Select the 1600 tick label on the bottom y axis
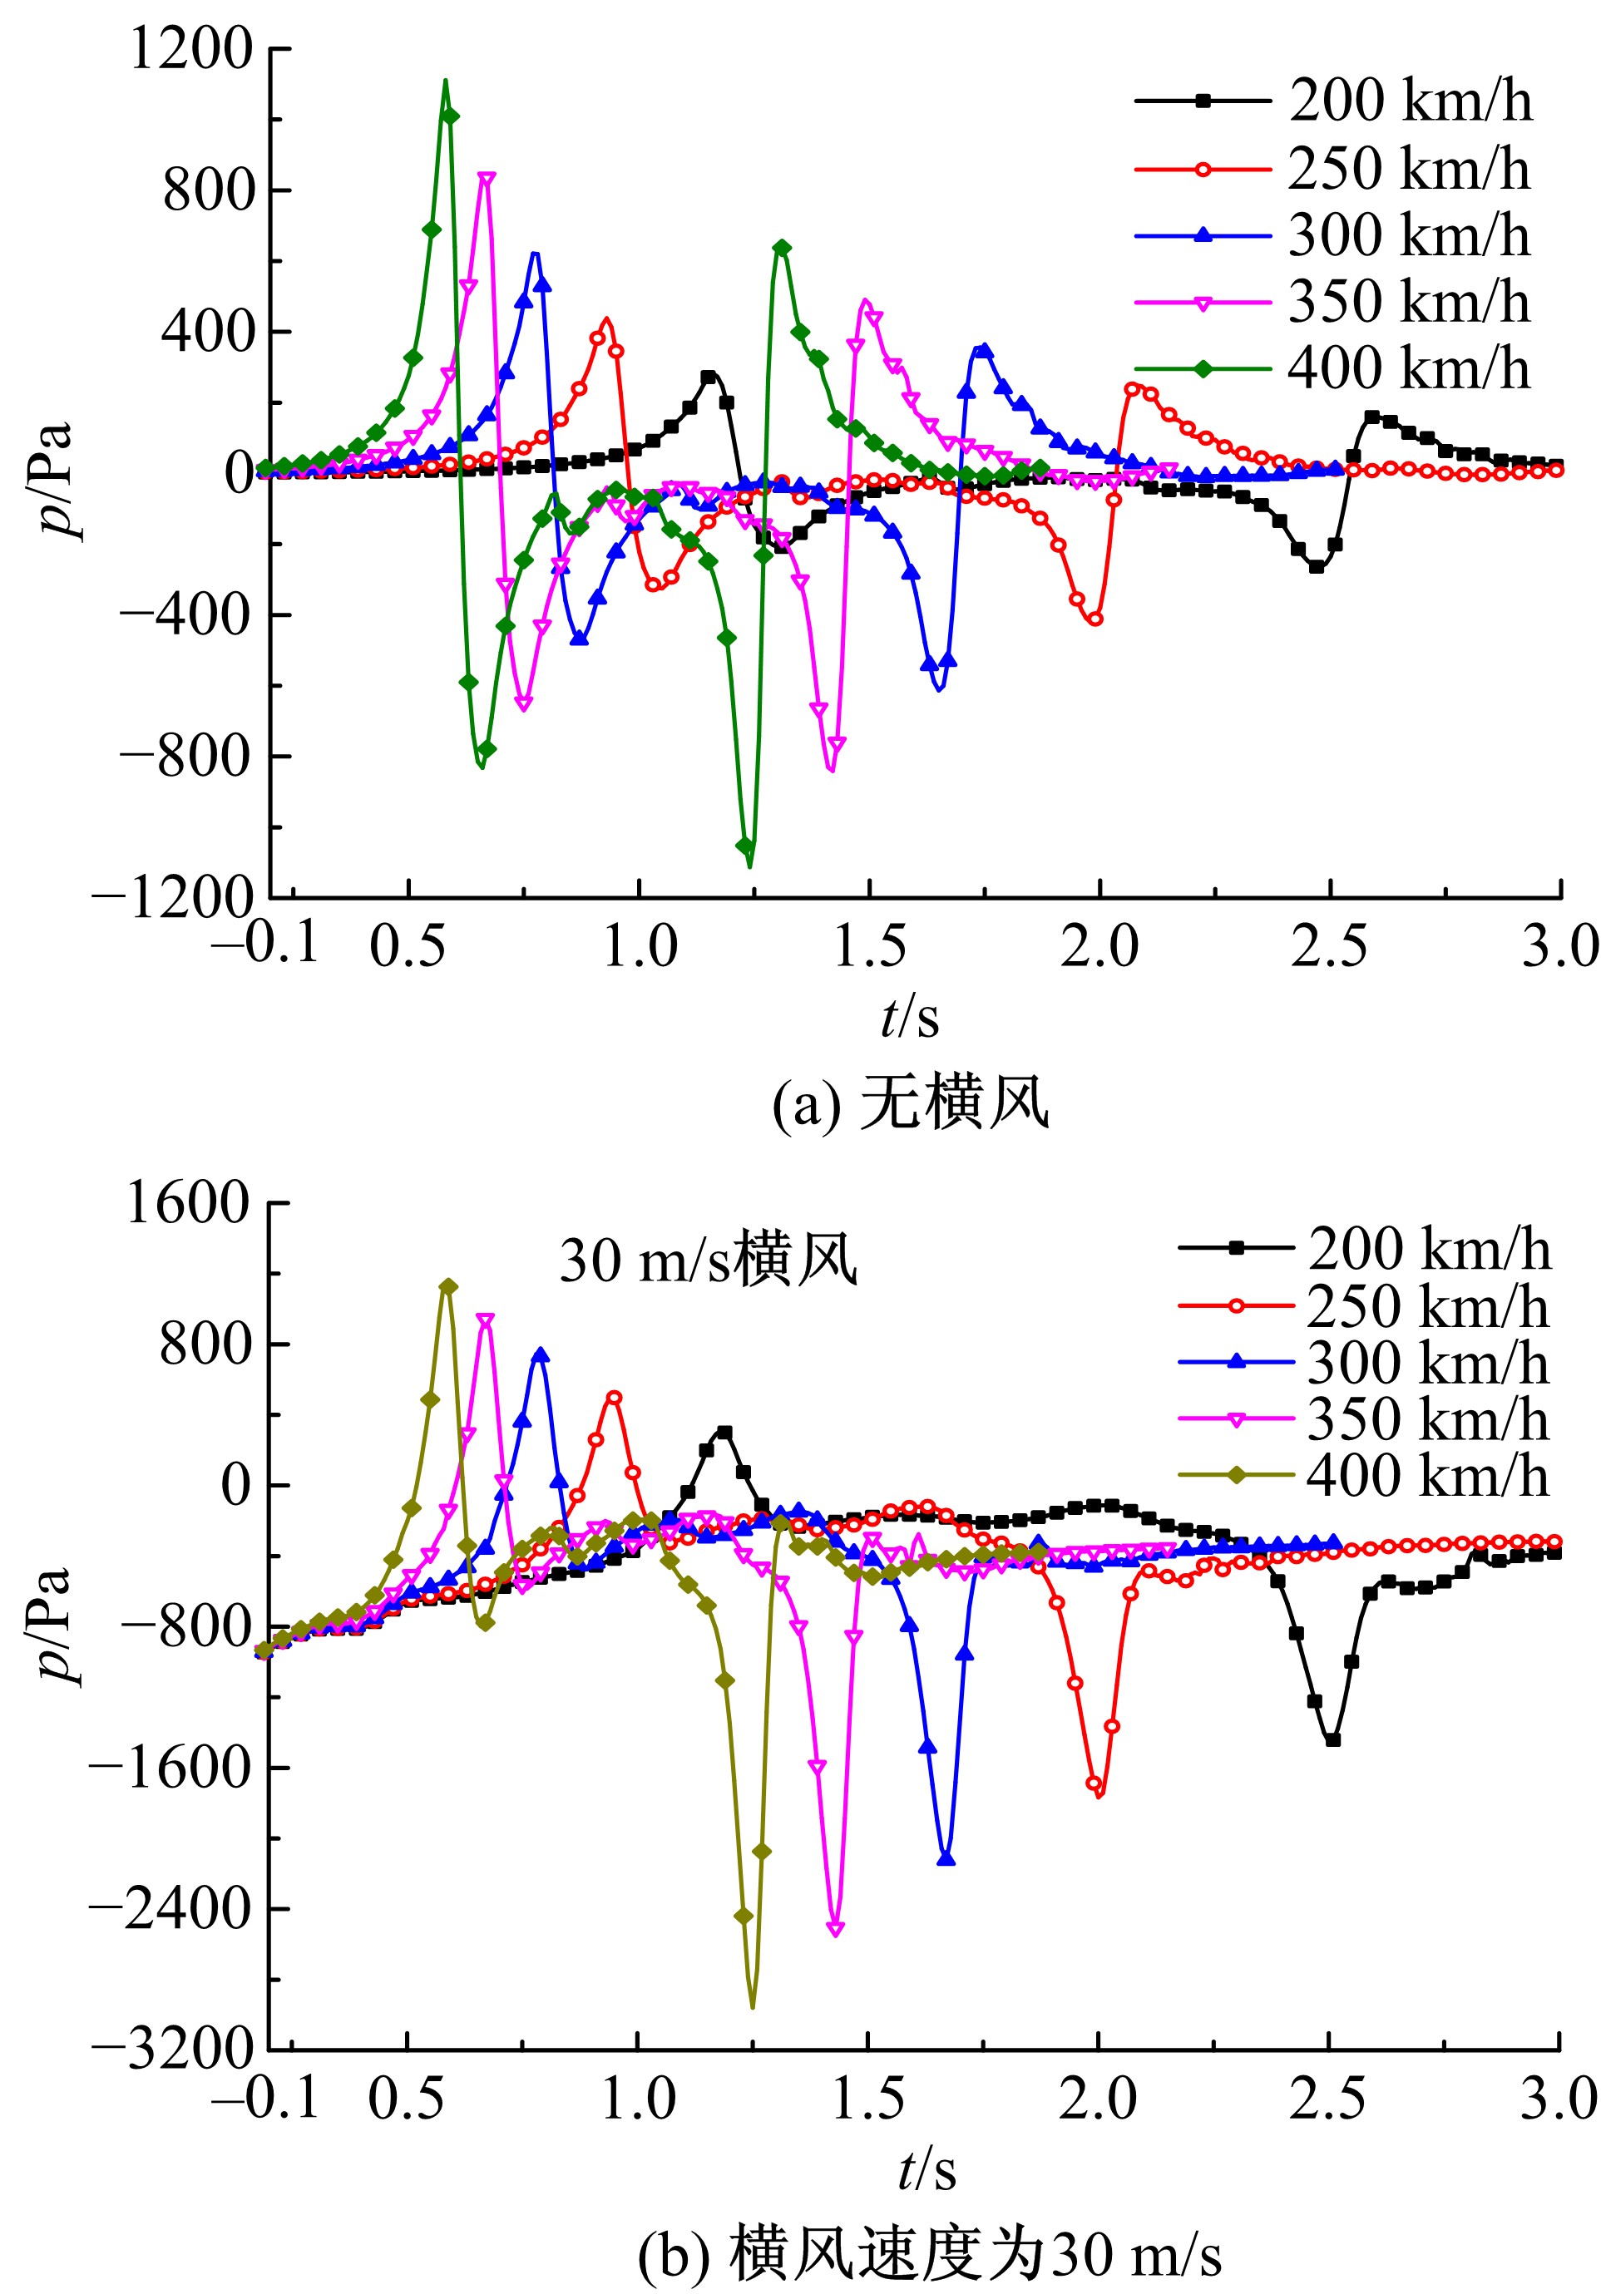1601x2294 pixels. point(187,1202)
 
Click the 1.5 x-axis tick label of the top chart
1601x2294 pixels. point(869,946)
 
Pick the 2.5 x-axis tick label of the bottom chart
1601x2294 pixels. point(1327,2098)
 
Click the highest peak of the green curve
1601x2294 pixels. point(445,80)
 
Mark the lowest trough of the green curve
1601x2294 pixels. point(749,866)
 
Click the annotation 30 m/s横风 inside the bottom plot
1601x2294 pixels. point(708,1260)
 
